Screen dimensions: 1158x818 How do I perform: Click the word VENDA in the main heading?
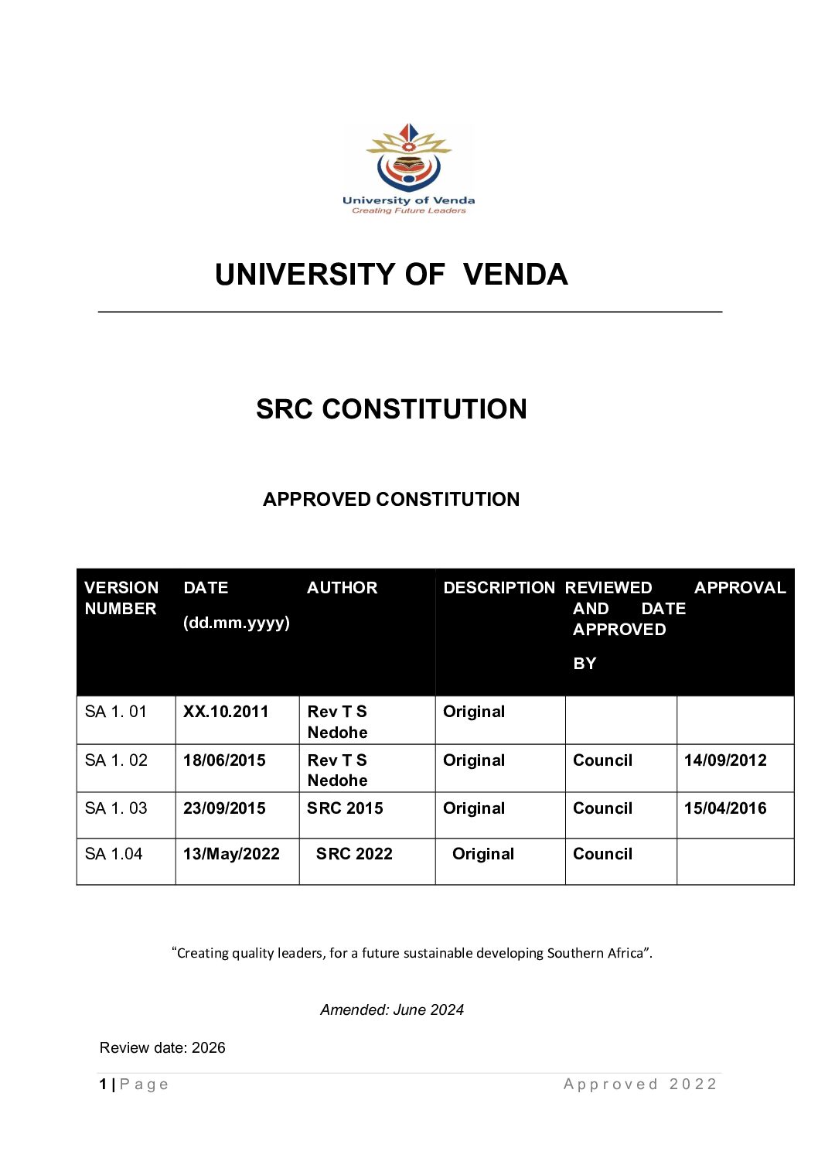click(516, 275)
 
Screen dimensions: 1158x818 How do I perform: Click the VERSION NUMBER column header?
click(121, 598)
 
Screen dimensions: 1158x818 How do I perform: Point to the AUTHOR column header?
click(342, 588)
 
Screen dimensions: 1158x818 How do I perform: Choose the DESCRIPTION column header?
click(499, 588)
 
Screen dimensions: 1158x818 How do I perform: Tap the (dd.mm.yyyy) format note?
click(236, 623)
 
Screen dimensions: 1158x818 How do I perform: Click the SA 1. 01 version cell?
click(115, 712)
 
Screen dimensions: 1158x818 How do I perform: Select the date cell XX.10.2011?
click(226, 712)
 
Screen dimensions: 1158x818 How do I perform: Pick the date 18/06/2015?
click(224, 760)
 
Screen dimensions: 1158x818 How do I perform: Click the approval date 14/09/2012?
click(725, 760)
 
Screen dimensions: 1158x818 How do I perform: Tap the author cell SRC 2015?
click(345, 808)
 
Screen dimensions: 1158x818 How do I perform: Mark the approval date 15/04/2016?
click(725, 808)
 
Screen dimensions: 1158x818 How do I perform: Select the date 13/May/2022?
click(231, 854)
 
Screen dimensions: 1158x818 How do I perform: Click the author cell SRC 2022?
click(354, 854)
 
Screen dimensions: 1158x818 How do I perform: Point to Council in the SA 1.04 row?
click(602, 854)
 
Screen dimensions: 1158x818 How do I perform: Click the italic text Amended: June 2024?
click(392, 1009)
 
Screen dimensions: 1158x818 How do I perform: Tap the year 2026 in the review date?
click(209, 1048)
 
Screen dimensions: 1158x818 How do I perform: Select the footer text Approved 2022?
click(640, 1085)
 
